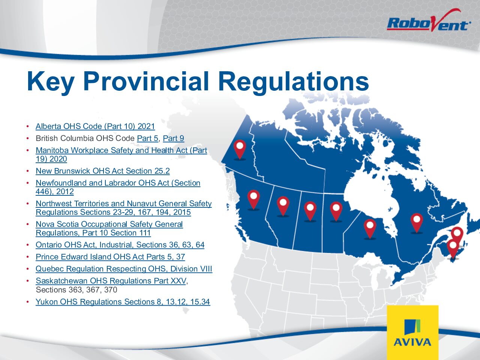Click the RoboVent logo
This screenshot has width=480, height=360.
click(429, 21)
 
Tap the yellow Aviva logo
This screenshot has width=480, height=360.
click(412, 332)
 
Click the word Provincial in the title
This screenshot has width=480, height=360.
click(146, 81)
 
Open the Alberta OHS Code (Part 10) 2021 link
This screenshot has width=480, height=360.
click(95, 126)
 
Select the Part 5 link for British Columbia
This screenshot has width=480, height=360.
click(148, 138)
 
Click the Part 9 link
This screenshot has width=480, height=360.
click(174, 138)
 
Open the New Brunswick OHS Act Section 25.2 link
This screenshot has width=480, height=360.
click(103, 171)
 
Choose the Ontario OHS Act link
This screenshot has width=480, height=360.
click(120, 245)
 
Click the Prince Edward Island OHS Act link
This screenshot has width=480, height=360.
click(110, 257)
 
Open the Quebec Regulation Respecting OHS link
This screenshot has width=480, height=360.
click(124, 269)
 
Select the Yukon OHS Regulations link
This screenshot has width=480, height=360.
click(123, 302)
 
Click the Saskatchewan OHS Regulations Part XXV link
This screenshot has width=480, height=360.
click(111, 281)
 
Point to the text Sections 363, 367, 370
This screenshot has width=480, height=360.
click(76, 290)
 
